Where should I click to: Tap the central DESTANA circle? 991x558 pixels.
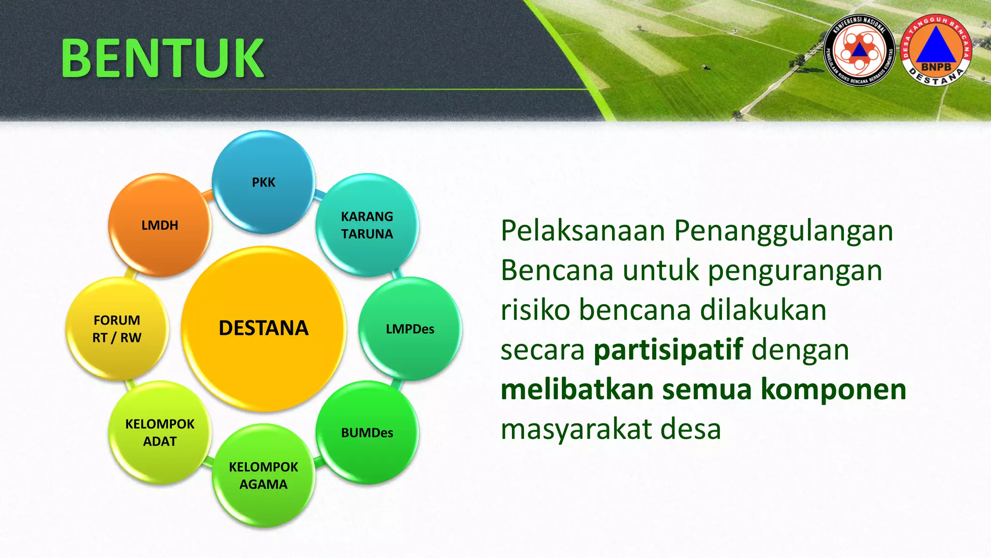pyautogui.click(x=263, y=328)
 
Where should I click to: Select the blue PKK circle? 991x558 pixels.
pyautogui.click(x=263, y=182)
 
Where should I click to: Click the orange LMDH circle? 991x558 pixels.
pyautogui.click(x=160, y=225)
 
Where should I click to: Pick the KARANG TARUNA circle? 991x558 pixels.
pyautogui.click(x=367, y=225)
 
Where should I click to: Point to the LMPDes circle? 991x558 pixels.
pyautogui.click(x=410, y=329)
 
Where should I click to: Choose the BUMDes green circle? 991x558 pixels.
pyautogui.click(x=367, y=433)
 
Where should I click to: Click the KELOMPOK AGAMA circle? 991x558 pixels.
pyautogui.click(x=263, y=475)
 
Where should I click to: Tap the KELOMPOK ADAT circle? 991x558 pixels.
pyautogui.click(x=160, y=433)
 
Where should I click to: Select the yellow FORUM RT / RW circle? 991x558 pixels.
pyautogui.click(x=117, y=329)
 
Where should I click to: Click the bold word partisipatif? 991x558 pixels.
pyautogui.click(x=668, y=350)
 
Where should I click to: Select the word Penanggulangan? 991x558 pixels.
pyautogui.click(x=783, y=232)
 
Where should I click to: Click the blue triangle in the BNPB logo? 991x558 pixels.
pyautogui.click(x=936, y=46)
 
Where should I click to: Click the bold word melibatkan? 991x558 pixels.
pyautogui.click(x=577, y=389)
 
